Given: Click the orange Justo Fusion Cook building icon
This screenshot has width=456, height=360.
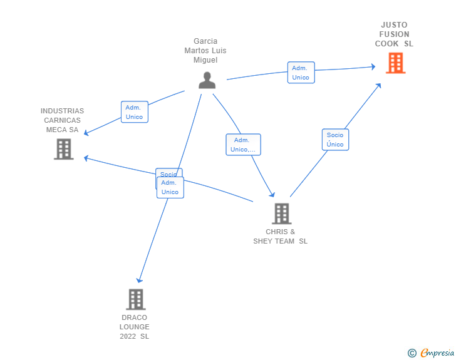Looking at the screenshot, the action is tap(395, 63).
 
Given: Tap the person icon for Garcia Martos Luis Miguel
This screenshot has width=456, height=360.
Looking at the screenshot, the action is tap(207, 80).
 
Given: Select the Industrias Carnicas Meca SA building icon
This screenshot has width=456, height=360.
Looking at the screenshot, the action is tap(63, 149).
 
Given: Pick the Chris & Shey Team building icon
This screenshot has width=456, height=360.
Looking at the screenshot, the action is tap(281, 213).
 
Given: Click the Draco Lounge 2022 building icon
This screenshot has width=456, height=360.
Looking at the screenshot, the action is tap(135, 299).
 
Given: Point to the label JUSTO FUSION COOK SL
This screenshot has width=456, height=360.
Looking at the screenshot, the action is tap(394, 34).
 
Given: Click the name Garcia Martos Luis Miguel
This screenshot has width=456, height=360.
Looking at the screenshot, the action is tap(205, 51).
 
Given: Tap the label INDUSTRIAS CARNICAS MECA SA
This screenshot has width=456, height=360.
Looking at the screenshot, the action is tap(62, 120).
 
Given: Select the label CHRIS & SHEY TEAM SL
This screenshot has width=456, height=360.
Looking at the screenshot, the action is tap(281, 237).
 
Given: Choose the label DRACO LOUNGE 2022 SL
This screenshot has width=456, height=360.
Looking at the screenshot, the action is tap(135, 327).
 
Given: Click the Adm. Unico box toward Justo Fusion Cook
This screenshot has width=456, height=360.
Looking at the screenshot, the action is tap(301, 73).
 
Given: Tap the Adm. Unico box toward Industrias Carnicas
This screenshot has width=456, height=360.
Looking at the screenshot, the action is tap(134, 112).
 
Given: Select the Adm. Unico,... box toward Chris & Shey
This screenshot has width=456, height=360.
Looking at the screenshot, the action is tap(243, 145).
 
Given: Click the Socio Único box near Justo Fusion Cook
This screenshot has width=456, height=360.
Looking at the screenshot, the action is tap(335, 140).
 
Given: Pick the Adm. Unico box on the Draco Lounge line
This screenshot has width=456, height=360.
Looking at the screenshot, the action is tap(170, 188).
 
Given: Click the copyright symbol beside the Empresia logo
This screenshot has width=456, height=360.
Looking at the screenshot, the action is tap(412, 353).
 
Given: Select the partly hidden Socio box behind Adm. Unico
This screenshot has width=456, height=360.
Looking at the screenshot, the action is tap(168, 172).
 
